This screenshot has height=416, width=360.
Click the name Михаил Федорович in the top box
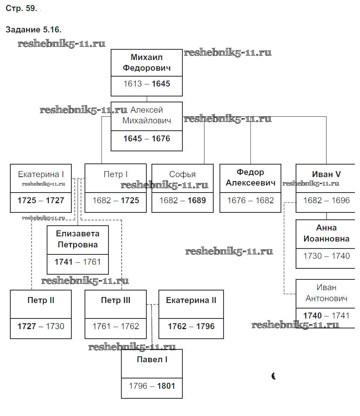(147, 63)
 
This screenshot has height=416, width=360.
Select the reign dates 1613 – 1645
(147, 84)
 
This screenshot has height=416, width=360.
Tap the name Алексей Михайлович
(147, 115)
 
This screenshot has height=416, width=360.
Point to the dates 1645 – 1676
(147, 139)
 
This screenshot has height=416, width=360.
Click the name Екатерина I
(41, 174)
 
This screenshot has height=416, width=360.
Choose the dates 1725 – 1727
(41, 201)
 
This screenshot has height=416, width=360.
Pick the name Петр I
(115, 174)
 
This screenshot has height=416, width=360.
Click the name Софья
(182, 174)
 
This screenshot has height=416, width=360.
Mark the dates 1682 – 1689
(182, 201)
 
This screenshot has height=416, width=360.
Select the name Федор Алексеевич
(250, 177)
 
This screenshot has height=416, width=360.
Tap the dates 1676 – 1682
(250, 201)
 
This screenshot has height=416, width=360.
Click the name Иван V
(326, 174)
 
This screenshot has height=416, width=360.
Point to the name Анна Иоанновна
(326, 233)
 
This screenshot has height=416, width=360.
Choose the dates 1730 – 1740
(326, 256)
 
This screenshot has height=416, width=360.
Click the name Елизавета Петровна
(78, 239)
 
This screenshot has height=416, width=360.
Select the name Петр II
(41, 300)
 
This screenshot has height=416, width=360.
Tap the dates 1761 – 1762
(115, 327)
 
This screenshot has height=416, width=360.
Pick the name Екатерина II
(191, 300)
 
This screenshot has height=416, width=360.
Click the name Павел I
(152, 360)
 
